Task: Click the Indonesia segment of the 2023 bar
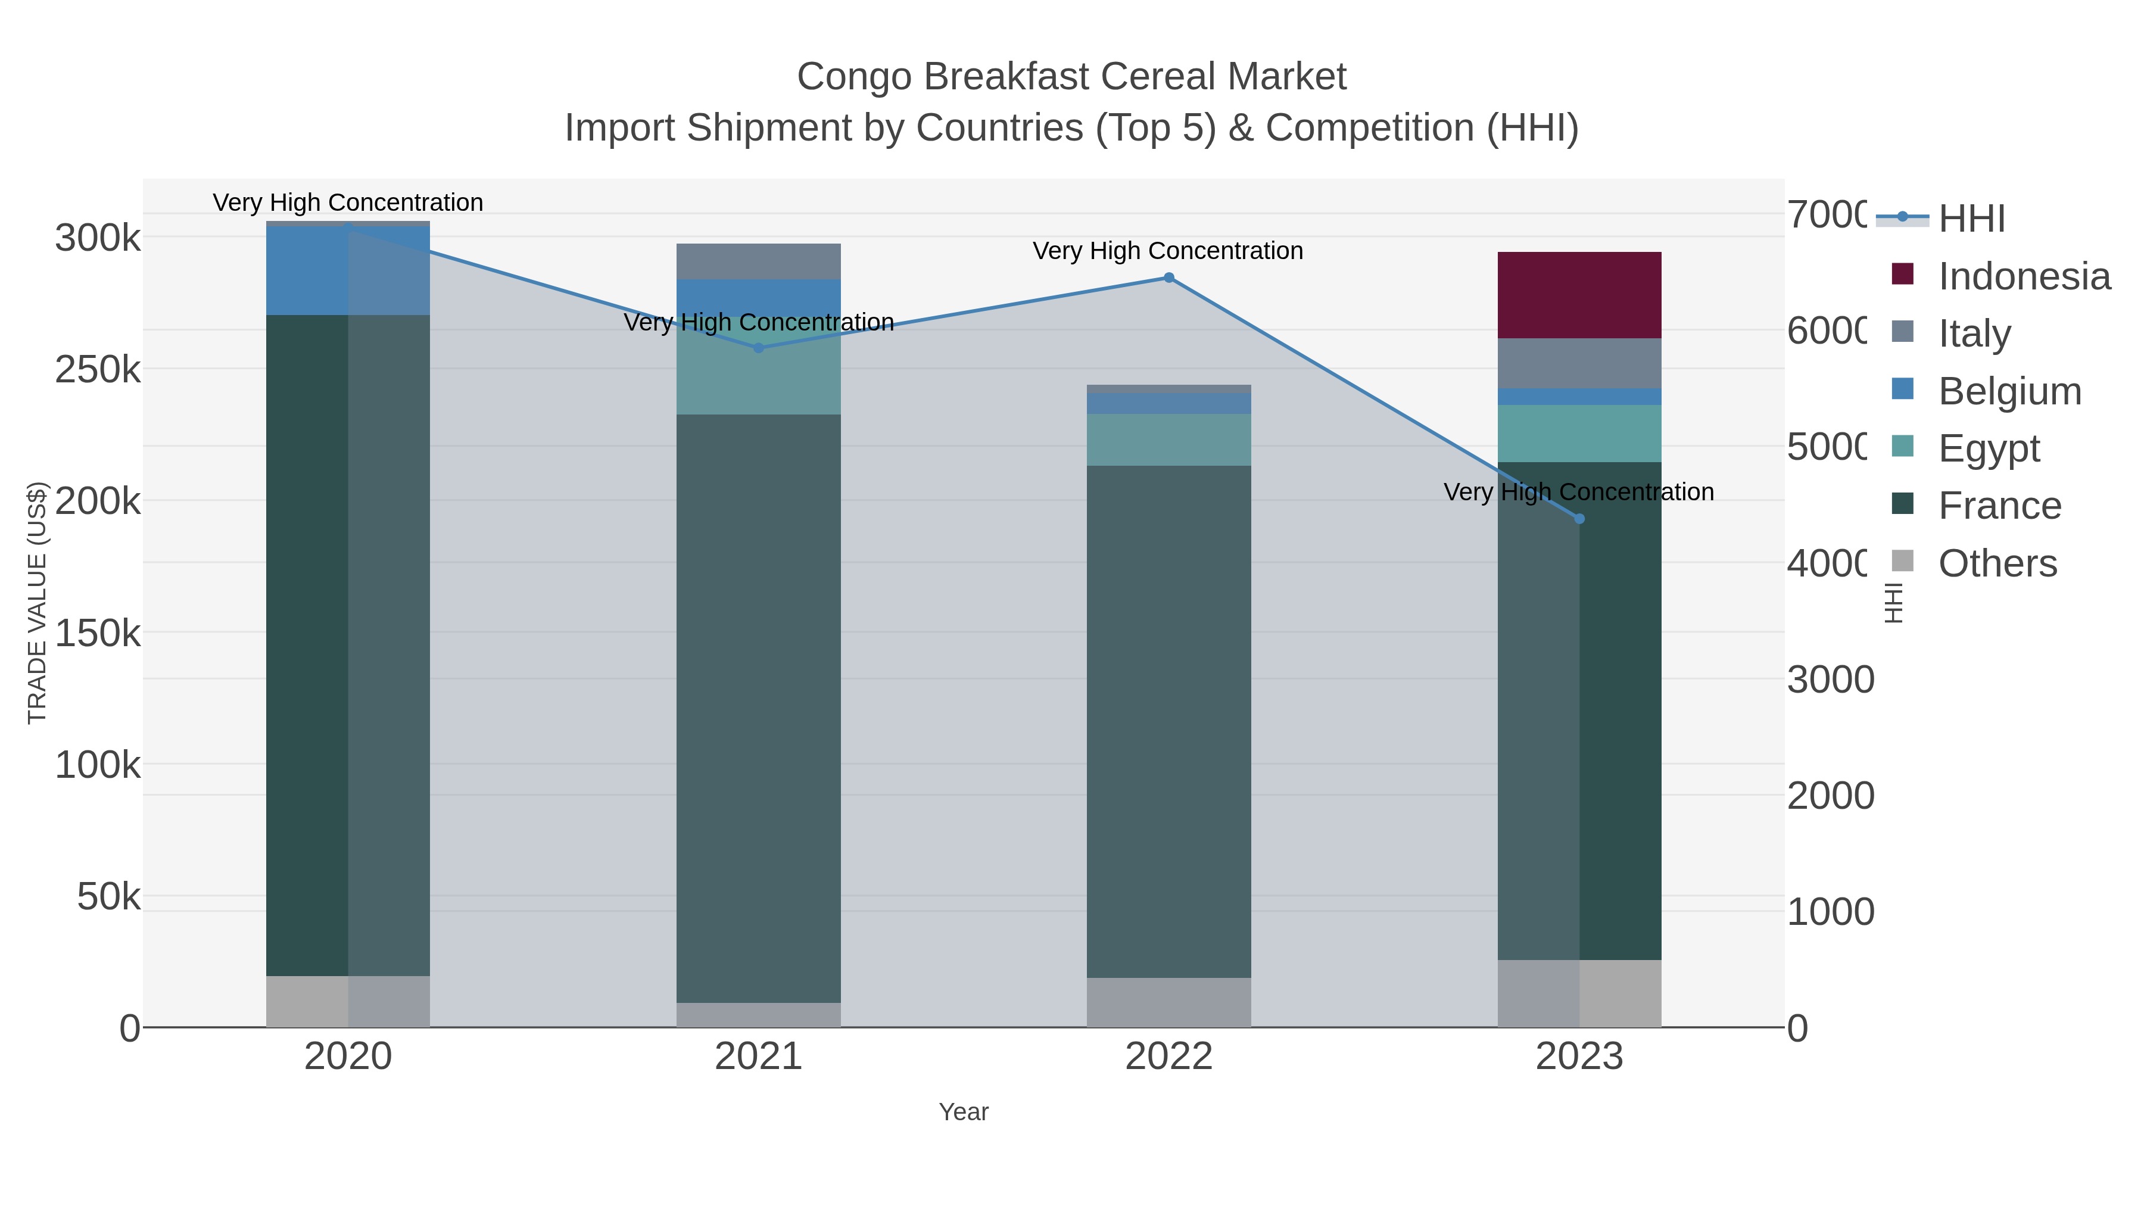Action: (1579, 295)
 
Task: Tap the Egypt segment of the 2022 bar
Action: (1168, 440)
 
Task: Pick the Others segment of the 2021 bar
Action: (758, 1015)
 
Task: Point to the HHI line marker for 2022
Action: (1168, 278)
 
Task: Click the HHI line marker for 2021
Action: (758, 348)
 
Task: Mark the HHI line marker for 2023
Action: (1579, 519)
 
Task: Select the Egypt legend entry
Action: (1989, 448)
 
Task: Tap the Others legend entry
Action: (1997, 563)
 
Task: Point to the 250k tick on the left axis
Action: (98, 369)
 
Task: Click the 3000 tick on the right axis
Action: (1830, 680)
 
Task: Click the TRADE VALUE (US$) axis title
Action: (38, 603)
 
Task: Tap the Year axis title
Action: (963, 1112)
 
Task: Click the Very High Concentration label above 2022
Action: (1168, 251)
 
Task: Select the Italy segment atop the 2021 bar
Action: (758, 261)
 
